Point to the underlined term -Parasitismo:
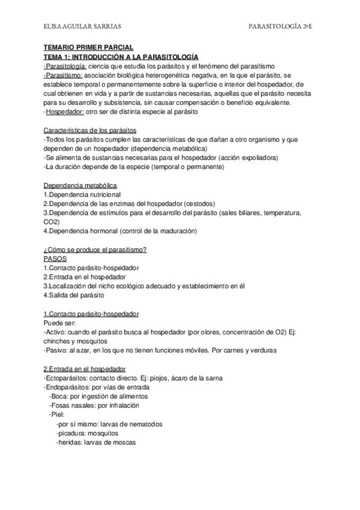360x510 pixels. tap(66, 76)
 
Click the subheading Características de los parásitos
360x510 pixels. tap(90, 130)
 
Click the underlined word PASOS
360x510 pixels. tap(55, 259)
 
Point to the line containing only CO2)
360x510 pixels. tap(52, 221)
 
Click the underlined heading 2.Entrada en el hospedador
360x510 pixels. tap(85, 368)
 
